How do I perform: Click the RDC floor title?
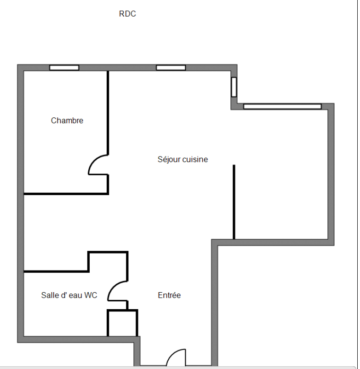[x=127, y=14]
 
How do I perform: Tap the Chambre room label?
[x=67, y=121]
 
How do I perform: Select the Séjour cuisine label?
[x=183, y=159]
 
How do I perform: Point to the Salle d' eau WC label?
[x=69, y=295]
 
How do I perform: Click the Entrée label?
[x=169, y=295]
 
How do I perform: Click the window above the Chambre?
[x=64, y=68]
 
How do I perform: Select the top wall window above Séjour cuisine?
[x=171, y=68]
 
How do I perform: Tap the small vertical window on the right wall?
[x=234, y=87]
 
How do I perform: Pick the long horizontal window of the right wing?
[x=282, y=106]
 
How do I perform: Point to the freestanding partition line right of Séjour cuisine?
[x=234, y=202]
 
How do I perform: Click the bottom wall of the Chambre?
[x=66, y=194]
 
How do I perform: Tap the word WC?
[x=91, y=295]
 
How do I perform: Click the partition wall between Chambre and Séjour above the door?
[x=108, y=113]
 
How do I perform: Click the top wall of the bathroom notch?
[x=108, y=252]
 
